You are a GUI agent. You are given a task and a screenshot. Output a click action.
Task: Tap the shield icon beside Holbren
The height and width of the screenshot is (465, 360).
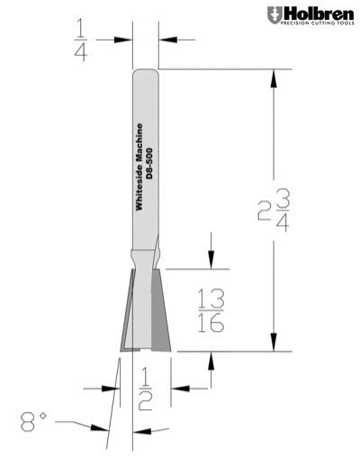tap(274, 16)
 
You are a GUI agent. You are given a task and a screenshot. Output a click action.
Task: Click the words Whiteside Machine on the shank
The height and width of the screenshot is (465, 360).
tap(139, 167)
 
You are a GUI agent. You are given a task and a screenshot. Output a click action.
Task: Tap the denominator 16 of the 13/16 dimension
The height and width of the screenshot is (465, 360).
tap(211, 324)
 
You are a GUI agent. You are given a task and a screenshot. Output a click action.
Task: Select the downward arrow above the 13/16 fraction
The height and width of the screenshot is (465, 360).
tap(211, 262)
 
